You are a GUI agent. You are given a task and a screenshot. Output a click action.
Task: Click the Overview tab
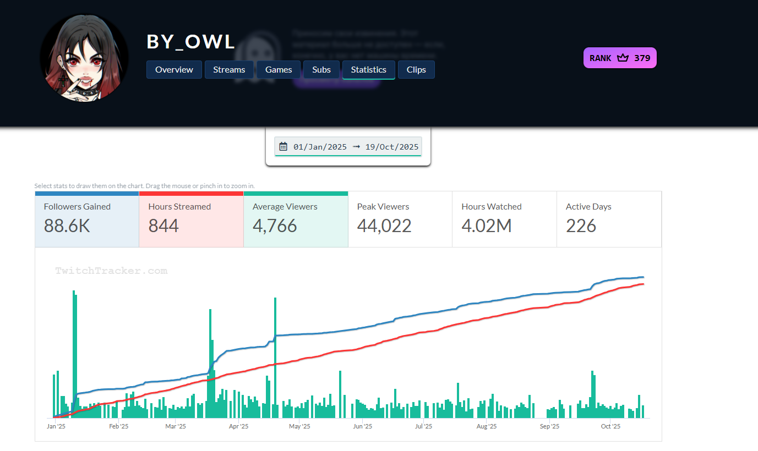[174, 70]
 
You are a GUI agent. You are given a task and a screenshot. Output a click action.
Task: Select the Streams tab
[229, 70]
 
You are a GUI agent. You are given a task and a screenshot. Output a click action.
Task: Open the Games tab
[279, 70]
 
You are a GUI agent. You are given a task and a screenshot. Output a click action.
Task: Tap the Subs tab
[321, 70]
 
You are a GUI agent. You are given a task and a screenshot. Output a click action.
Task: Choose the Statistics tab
[369, 70]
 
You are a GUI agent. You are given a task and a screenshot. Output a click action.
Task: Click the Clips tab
[416, 70]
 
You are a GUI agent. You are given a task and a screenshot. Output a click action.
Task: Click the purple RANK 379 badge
[620, 58]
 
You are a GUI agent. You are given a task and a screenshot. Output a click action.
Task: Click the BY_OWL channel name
[190, 42]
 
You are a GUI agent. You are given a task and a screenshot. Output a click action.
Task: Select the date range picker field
[348, 147]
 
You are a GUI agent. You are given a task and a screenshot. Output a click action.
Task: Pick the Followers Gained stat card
[87, 219]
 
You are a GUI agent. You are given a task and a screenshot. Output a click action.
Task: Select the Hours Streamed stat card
[191, 219]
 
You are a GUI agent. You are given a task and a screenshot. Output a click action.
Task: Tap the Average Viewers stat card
[296, 219]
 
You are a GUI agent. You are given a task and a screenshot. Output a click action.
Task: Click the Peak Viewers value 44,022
[384, 226]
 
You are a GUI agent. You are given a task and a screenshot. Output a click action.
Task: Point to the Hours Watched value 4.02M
[487, 226]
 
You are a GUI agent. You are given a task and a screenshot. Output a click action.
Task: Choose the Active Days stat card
[609, 219]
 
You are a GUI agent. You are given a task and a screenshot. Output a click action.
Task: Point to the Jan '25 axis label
[56, 426]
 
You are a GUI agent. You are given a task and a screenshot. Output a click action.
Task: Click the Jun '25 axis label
[362, 426]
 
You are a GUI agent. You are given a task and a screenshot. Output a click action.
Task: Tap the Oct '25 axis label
[610, 426]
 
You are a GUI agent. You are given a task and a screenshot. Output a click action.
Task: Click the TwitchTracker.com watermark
[111, 271]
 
